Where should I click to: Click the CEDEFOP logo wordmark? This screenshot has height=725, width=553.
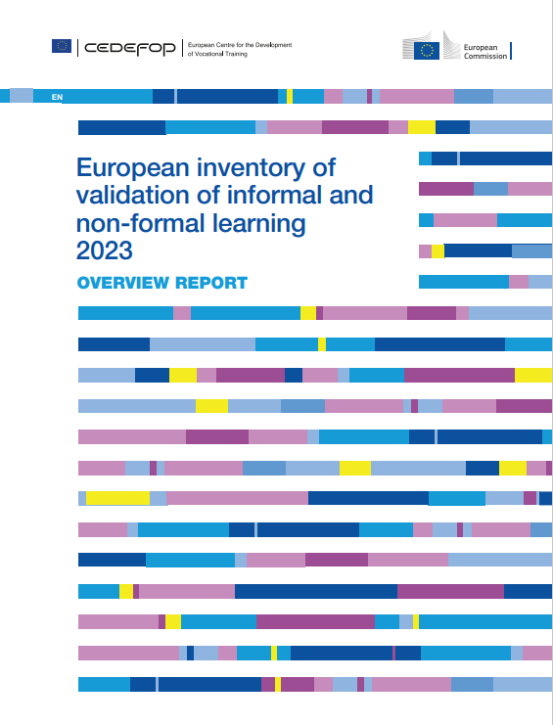[130, 49]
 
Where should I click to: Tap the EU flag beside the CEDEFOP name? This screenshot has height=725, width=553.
[62, 46]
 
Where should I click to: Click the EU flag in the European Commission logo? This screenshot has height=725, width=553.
[427, 51]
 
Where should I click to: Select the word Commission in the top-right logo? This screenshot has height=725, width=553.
[485, 56]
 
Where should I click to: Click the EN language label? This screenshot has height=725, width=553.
[57, 97]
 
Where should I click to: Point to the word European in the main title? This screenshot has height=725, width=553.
[133, 168]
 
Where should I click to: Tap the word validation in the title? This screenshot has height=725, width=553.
[133, 195]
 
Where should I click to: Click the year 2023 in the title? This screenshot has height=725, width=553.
[105, 250]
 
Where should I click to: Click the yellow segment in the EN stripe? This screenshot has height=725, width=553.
[290, 96]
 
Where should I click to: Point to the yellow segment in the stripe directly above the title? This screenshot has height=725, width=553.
[422, 127]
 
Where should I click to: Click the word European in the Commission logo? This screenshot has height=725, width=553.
[481, 48]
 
